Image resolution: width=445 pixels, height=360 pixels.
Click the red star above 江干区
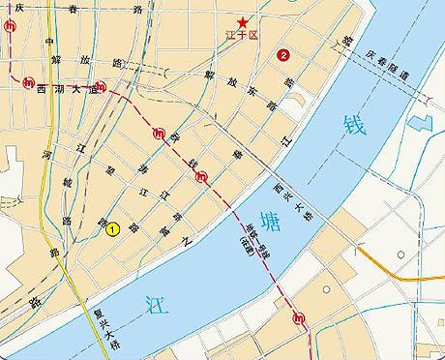click(244, 22)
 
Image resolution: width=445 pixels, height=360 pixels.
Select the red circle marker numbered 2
click(282, 54)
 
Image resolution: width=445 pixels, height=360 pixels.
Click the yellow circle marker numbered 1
click(112, 228)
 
